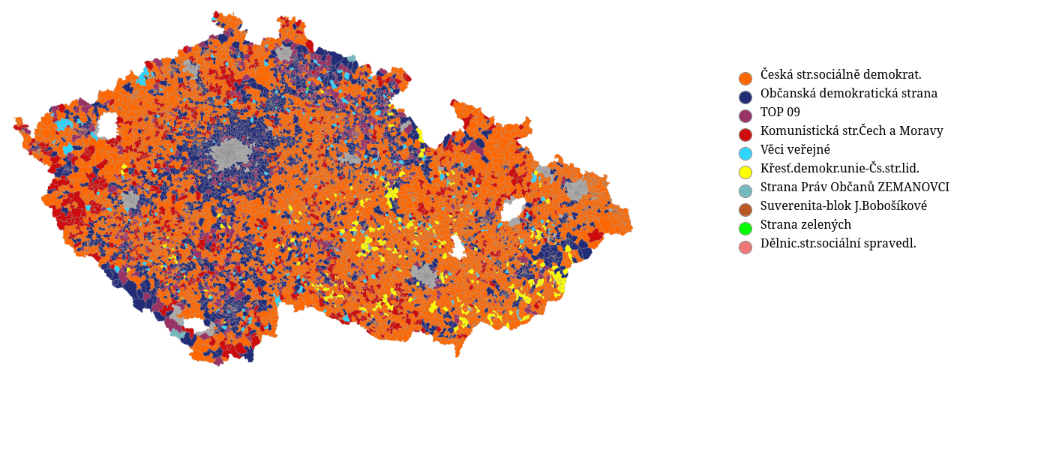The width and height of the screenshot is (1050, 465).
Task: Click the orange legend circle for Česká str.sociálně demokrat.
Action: (x=745, y=79)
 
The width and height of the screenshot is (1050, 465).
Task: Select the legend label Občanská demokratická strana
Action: (x=848, y=94)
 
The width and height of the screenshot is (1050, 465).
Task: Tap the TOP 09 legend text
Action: (x=780, y=112)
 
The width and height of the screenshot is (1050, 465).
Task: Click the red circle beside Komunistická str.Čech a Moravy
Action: (x=745, y=135)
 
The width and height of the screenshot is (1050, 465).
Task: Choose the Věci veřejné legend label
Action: (x=795, y=150)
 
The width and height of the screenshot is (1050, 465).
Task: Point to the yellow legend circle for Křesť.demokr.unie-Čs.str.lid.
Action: (x=745, y=172)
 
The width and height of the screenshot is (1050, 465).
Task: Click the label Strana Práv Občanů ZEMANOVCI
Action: (x=854, y=187)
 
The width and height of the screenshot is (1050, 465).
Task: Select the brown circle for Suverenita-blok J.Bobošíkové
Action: (x=745, y=210)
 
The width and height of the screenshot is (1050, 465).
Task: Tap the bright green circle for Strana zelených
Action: (x=745, y=229)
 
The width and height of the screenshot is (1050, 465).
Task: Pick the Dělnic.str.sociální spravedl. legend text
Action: (x=838, y=244)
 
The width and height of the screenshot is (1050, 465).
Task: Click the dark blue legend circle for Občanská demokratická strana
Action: (x=745, y=97)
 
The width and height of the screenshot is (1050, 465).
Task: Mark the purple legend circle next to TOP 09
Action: (x=745, y=116)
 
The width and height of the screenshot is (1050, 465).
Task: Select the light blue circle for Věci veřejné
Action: (x=745, y=154)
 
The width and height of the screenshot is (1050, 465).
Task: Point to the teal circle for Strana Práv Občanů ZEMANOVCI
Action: (x=745, y=191)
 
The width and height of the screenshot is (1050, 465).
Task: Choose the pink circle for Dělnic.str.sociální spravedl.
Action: (x=745, y=247)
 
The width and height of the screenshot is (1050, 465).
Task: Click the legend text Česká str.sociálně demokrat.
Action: (x=841, y=75)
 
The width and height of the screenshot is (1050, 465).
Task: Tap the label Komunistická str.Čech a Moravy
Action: (x=851, y=131)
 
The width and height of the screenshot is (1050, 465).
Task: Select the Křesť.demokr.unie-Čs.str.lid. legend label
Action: (x=839, y=169)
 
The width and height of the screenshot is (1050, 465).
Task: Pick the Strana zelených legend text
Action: (x=805, y=225)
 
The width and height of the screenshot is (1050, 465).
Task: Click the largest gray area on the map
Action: (x=232, y=154)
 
